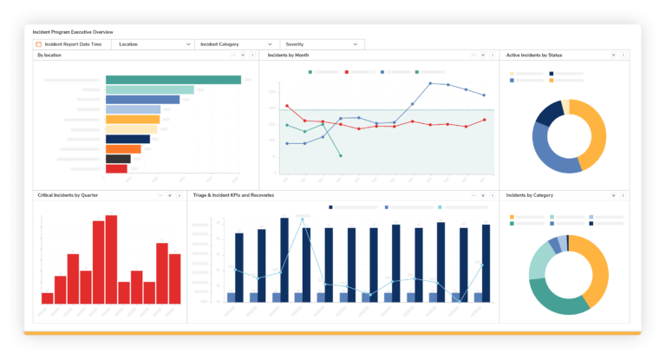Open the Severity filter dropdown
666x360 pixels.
(x=322, y=43)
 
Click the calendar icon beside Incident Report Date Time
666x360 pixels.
(x=38, y=43)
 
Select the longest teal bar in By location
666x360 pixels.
(x=173, y=80)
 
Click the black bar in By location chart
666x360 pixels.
(x=118, y=159)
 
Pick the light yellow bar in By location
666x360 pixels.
(x=131, y=129)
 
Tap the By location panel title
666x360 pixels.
(x=49, y=55)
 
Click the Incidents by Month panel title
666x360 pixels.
(x=288, y=55)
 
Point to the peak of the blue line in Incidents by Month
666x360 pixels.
(x=431, y=83)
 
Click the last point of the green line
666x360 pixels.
(x=340, y=155)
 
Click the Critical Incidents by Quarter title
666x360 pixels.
(x=68, y=195)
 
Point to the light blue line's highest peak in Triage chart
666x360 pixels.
(x=303, y=219)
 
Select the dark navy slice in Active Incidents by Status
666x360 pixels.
(x=548, y=113)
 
